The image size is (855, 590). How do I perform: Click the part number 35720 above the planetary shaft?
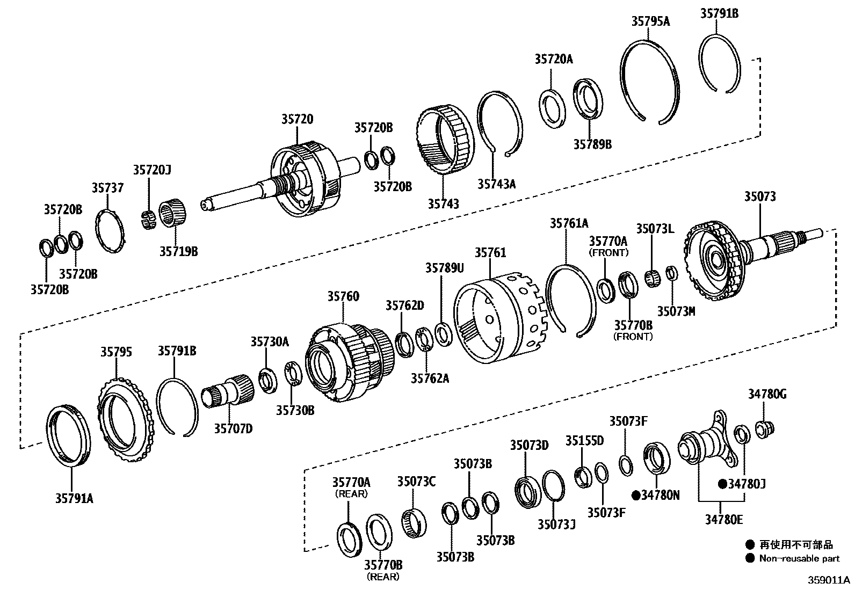(x=297, y=119)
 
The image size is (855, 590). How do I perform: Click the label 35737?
(x=107, y=187)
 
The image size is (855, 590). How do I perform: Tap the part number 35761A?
(x=569, y=223)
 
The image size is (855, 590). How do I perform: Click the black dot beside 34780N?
(x=636, y=495)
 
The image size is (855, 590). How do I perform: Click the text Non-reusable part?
(x=799, y=558)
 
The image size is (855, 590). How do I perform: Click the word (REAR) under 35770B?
(x=383, y=577)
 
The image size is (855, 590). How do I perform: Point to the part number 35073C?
(x=416, y=481)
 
